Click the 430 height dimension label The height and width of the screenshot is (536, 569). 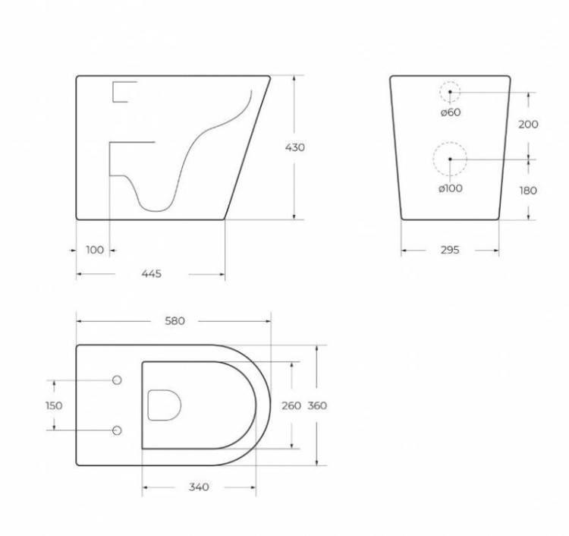pos(294,147)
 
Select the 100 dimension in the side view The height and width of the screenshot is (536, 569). pos(95,250)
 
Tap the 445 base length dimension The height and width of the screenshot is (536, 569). pos(151,274)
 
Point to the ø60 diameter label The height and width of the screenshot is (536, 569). pos(450,112)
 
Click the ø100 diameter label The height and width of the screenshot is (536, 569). pos(450,188)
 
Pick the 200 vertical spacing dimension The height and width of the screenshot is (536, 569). pos(528,125)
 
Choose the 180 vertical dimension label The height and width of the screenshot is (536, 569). pos(528,191)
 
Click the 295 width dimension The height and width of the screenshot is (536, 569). pos(450,250)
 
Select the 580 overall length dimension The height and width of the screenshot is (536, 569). pos(175,321)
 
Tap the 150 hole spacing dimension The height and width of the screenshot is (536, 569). pos(54,405)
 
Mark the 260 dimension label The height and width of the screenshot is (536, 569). pos(291,405)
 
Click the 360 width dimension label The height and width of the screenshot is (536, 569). pos(317,405)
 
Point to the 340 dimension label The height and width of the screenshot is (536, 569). pos(198,487)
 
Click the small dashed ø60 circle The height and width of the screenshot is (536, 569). pos(450,92)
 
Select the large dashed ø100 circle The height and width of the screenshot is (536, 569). pos(450,159)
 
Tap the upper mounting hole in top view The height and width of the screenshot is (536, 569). pos(117,380)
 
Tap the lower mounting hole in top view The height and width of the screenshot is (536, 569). pos(117,430)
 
